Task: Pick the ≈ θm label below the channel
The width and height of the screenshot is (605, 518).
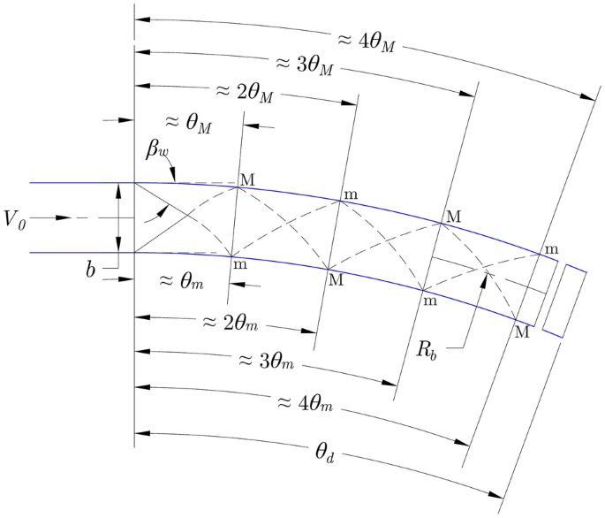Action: click(184, 279)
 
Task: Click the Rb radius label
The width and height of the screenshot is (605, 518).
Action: click(431, 347)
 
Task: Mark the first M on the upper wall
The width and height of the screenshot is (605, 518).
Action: click(247, 180)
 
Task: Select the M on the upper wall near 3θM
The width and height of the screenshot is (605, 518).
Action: click(454, 216)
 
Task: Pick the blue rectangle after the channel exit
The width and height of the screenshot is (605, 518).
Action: click(564, 301)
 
